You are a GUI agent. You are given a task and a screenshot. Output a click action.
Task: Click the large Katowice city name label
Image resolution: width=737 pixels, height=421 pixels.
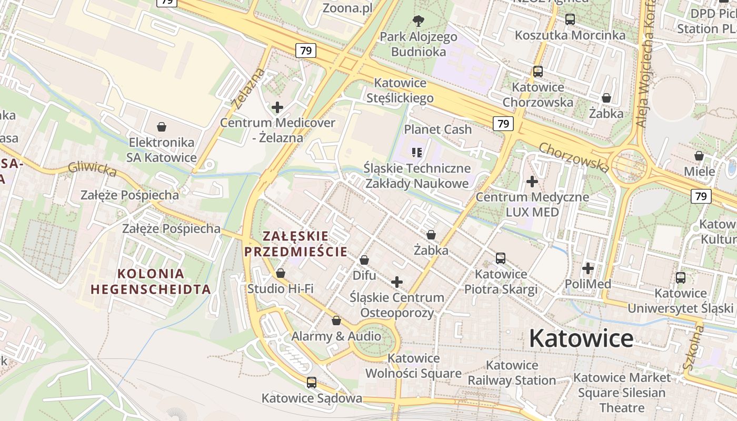pos(581,337)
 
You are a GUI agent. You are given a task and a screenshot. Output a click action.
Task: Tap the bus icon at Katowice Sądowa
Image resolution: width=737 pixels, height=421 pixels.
pos(312,383)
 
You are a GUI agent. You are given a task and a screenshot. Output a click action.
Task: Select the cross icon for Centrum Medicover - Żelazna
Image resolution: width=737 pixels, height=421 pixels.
pos(277,107)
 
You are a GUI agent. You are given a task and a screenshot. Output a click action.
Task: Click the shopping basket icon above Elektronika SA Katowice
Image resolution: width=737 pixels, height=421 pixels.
pos(162,127)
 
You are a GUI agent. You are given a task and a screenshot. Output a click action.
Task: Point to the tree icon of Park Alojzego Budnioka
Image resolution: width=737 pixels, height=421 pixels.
pos(419,21)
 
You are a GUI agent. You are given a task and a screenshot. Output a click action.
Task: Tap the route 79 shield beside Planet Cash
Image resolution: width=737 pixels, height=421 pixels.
pos(503,124)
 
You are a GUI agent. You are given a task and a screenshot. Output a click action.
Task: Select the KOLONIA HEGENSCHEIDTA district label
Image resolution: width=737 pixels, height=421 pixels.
pos(151,282)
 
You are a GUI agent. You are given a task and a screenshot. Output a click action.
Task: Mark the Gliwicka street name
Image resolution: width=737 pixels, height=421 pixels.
pos(92,169)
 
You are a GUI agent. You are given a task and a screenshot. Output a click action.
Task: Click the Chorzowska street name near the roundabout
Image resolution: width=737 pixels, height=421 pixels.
pos(574,157)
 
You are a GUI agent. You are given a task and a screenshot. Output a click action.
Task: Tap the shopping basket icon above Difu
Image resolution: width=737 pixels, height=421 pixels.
pos(364,260)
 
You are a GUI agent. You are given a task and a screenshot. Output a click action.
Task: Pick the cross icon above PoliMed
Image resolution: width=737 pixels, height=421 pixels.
pos(587,268)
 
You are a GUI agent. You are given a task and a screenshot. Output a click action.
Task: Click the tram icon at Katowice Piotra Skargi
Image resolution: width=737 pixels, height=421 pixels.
pos(500,258)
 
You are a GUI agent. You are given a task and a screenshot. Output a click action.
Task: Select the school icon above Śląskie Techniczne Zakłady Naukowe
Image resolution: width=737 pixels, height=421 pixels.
pos(417,153)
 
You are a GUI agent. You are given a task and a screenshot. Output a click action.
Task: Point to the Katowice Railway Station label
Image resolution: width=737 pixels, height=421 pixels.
pos(512,373)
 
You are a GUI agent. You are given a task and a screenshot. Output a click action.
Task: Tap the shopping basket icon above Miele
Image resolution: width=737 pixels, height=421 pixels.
pos(699,156)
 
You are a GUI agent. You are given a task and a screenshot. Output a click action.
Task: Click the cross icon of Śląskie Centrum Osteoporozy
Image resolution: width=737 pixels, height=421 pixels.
pos(397,282)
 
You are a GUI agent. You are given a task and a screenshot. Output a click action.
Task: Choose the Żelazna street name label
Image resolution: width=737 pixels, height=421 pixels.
pos(247,88)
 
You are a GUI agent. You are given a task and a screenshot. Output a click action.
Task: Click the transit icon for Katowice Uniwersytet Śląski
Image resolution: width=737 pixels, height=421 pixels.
pos(681,277)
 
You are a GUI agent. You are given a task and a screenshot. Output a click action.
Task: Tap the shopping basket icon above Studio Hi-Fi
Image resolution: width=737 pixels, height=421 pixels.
pos(281,273)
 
